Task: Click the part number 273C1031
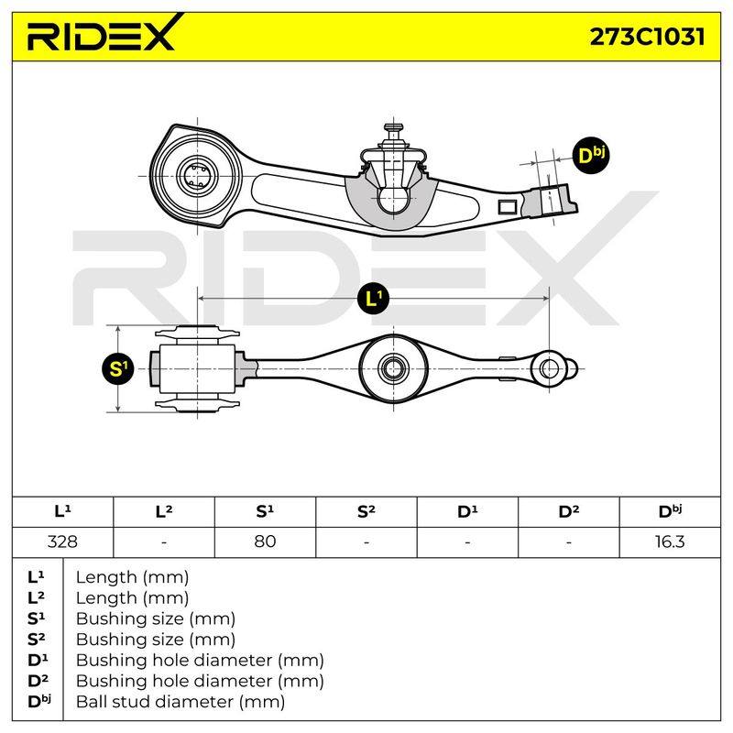coord(647,37)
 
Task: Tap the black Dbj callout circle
coord(591,155)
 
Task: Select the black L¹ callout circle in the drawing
coord(373,299)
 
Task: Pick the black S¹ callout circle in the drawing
coord(118,369)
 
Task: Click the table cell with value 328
coord(62,542)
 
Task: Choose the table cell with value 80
coord(265,542)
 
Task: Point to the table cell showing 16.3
coord(670,542)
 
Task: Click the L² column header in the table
coord(164,511)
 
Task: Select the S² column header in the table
coord(366,511)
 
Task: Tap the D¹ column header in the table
coord(467,511)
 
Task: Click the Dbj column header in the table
coord(670,511)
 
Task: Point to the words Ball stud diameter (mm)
coord(181,701)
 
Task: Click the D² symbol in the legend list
coord(38,681)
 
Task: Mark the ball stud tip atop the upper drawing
coord(393,127)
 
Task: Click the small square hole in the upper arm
coord(508,206)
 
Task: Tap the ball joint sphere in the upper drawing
coord(393,201)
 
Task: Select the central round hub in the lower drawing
coord(394,369)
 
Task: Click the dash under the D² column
coord(568,542)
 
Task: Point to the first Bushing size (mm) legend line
coord(155,618)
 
